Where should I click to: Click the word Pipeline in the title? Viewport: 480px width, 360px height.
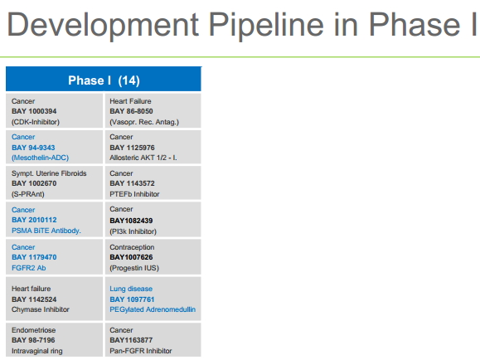(x=266, y=26)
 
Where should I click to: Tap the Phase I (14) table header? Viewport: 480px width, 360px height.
(x=104, y=80)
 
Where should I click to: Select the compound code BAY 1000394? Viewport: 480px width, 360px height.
(x=34, y=111)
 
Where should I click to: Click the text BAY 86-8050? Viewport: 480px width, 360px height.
(x=131, y=111)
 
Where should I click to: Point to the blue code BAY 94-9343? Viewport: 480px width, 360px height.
(x=33, y=148)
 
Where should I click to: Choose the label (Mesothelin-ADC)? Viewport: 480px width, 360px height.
(x=40, y=158)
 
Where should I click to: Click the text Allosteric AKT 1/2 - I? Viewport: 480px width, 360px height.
(x=143, y=158)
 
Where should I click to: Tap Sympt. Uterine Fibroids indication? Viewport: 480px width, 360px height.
(x=49, y=173)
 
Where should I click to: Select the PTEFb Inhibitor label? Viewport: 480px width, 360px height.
(x=134, y=194)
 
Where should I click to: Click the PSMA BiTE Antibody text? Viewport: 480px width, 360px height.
(x=46, y=231)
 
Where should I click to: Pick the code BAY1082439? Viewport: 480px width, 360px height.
(x=131, y=221)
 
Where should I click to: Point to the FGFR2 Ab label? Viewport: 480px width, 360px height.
(x=28, y=268)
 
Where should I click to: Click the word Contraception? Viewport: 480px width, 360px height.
(x=132, y=247)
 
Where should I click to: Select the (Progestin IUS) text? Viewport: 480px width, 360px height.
(x=134, y=268)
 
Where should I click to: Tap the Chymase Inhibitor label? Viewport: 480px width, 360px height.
(x=41, y=309)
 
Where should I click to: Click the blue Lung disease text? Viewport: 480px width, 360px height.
(x=131, y=289)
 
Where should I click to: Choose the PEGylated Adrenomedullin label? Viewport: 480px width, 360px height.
(x=153, y=309)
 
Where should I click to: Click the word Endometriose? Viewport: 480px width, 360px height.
(x=34, y=330)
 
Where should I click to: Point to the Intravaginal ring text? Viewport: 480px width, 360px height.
(x=36, y=351)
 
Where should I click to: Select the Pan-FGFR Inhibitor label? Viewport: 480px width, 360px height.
(x=141, y=351)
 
